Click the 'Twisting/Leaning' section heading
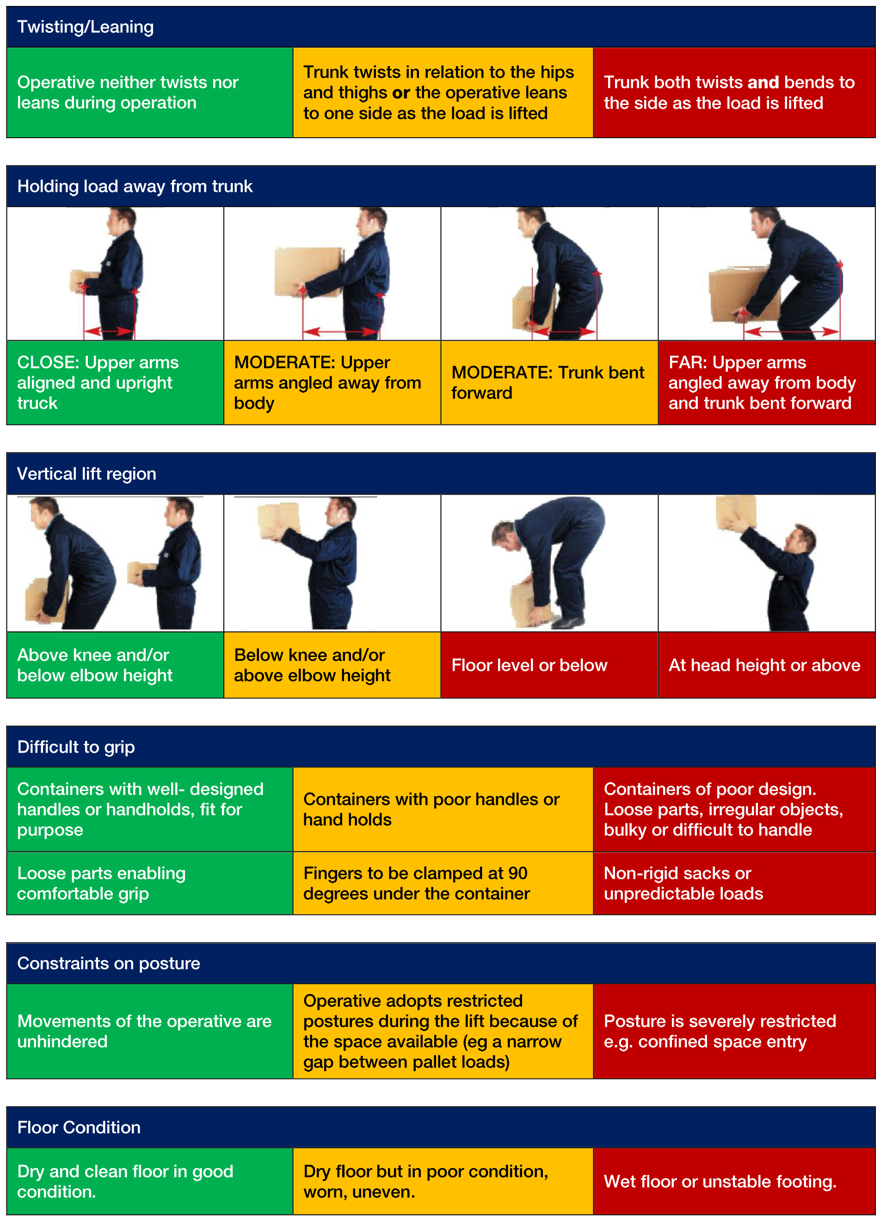pos(85,27)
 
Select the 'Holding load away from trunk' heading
pos(135,186)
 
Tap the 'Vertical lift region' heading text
pos(86,473)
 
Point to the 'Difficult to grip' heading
pos(76,747)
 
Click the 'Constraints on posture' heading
pos(108,963)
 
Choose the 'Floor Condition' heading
pos(79,1127)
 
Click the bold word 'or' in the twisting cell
pos(401,92)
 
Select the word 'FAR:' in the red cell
pos(687,362)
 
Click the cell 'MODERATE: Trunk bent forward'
pos(549,382)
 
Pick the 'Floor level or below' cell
pos(549,665)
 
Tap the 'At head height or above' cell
pos(766,665)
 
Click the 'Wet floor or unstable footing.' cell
pos(734,1181)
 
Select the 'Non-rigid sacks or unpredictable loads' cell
pos(734,883)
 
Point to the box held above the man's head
pos(736,512)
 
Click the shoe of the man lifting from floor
pos(567,622)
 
